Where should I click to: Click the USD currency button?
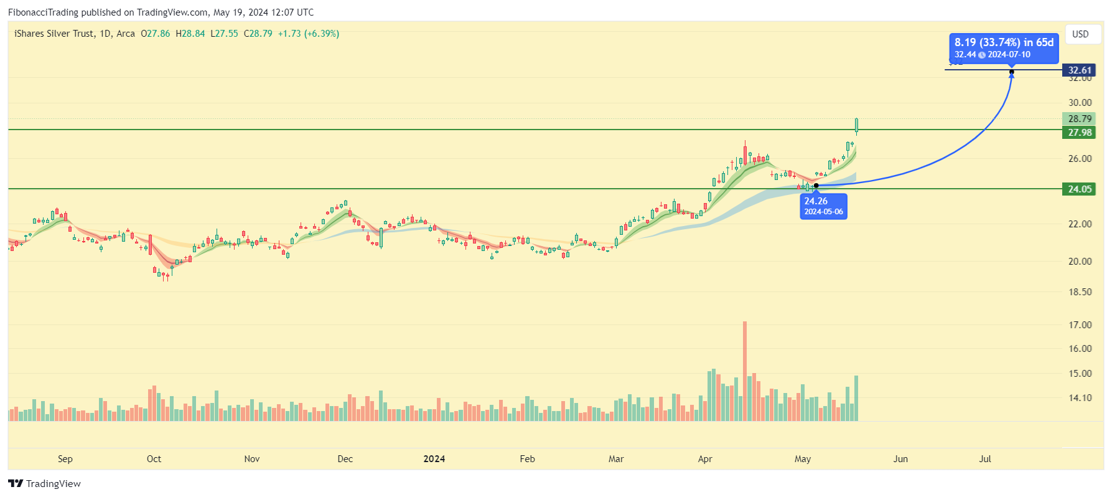tap(1080, 34)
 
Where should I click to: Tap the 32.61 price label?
tap(1080, 70)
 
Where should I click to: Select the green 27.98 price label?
tap(1080, 133)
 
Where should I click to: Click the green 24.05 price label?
tap(1080, 189)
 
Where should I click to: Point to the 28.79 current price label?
tap(1080, 119)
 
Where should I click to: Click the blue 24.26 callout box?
tap(823, 206)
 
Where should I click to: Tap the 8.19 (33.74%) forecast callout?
tap(1004, 48)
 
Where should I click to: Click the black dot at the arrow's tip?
tap(1011, 72)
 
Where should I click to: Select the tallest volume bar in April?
tap(744, 371)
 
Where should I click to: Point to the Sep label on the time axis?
tap(65, 459)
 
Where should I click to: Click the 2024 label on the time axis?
tap(434, 459)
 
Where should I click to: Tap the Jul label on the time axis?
tap(985, 459)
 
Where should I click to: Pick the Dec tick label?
tap(345, 459)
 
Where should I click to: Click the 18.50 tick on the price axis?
tap(1080, 292)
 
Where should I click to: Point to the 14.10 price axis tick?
tap(1080, 398)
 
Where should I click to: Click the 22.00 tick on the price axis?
tap(1080, 224)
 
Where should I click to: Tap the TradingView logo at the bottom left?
tap(45, 484)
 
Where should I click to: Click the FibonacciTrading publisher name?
tap(43, 12)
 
